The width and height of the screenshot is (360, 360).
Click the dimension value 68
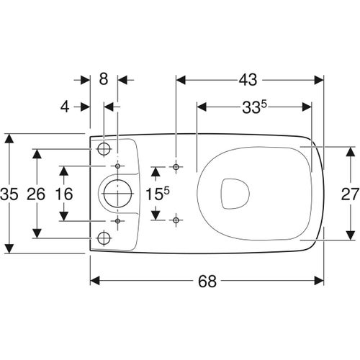(x=207, y=281)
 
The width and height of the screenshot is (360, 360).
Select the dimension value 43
(x=248, y=80)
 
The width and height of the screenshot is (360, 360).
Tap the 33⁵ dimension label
(x=255, y=107)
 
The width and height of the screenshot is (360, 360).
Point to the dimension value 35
(x=9, y=194)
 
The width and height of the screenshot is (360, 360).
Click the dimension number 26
(x=36, y=194)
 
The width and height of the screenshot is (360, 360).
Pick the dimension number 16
(x=64, y=194)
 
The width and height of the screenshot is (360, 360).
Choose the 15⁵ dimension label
(x=158, y=194)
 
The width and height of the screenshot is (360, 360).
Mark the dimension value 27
(x=350, y=194)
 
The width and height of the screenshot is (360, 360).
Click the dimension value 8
(x=104, y=78)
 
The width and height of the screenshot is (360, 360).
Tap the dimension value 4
(x=65, y=107)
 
